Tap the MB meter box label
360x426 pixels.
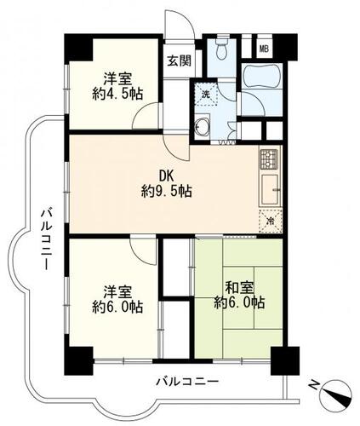(264, 49)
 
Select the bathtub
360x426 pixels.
(262, 77)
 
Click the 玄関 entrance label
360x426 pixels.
(179, 60)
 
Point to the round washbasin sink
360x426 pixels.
(203, 125)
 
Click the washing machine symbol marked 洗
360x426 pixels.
(205, 93)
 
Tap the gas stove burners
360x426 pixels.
(269, 158)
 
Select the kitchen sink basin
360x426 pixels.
(270, 189)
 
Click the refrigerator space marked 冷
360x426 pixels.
(271, 221)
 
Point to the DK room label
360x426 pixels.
(166, 176)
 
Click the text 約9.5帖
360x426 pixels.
(167, 191)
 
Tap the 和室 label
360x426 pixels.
(239, 288)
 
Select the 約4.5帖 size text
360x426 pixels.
(117, 94)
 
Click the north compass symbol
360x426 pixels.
(335, 395)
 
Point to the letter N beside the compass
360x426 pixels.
(314, 385)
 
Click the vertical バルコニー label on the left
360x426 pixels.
(46, 239)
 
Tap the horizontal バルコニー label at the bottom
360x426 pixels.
(187, 382)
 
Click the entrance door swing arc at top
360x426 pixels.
(186, 19)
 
